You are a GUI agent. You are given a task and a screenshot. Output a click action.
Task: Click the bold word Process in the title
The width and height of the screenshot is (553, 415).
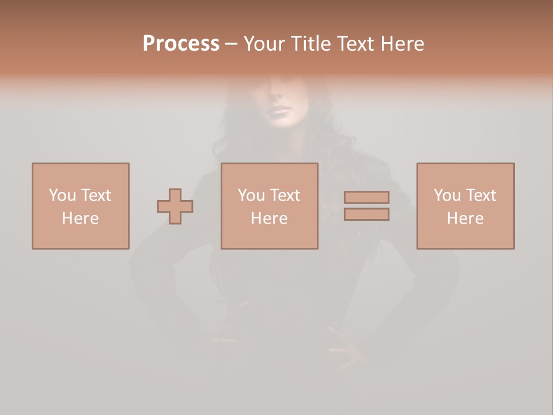pyautogui.click(x=181, y=44)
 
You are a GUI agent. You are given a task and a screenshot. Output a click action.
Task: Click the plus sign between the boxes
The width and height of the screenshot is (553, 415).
pyautogui.click(x=175, y=206)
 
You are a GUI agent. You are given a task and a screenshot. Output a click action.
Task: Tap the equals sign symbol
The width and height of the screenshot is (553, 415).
pyautogui.click(x=366, y=206)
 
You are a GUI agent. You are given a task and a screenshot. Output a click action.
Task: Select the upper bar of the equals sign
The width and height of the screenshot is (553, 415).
pyautogui.click(x=366, y=197)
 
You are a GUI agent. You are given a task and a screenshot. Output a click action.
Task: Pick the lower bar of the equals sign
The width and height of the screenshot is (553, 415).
pyautogui.click(x=366, y=214)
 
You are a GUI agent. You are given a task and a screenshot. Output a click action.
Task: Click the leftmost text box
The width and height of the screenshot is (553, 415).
pyautogui.click(x=80, y=206)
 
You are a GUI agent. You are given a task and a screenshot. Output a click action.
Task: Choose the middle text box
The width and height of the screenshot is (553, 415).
pyautogui.click(x=269, y=206)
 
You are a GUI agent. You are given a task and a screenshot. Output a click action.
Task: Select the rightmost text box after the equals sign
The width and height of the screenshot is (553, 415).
pyautogui.click(x=465, y=206)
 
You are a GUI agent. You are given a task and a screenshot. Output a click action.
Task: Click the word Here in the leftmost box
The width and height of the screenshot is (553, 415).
pyautogui.click(x=80, y=218)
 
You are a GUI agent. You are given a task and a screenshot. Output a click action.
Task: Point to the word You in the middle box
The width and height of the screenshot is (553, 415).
pyautogui.click(x=251, y=195)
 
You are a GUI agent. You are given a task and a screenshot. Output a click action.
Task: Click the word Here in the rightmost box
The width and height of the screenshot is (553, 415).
pyautogui.click(x=465, y=218)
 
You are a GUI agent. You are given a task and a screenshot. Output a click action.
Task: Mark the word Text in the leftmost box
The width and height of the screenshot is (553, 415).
pyautogui.click(x=96, y=195)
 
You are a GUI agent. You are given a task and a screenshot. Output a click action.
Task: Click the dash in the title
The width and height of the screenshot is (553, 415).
pyautogui.click(x=231, y=44)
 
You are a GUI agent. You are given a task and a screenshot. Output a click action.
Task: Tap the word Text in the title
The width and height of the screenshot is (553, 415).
pyautogui.click(x=353, y=44)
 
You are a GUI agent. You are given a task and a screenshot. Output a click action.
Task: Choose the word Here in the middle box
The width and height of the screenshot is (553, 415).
pyautogui.click(x=269, y=218)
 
